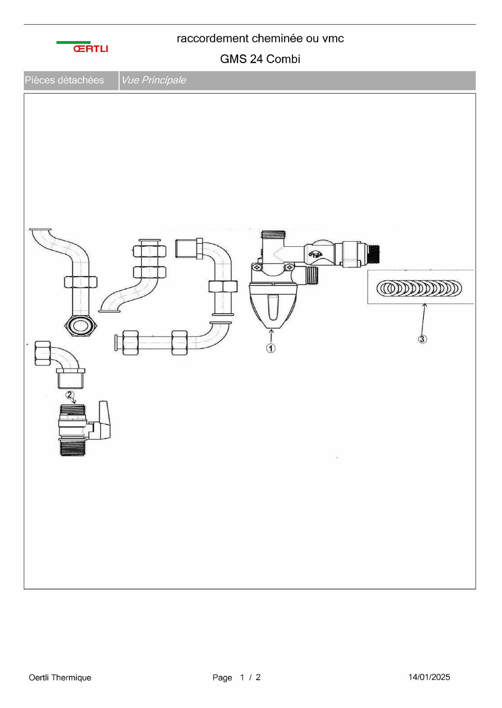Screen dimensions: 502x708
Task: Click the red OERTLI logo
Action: pos(91,49)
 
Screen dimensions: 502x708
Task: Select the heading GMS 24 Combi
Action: pos(260,59)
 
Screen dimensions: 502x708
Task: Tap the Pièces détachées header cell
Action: pos(64,80)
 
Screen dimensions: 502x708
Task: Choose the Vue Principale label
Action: pos(153,80)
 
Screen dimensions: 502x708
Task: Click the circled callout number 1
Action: pos(271,348)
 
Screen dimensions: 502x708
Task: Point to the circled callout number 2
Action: pos(70,395)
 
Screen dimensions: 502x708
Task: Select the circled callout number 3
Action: pos(422,339)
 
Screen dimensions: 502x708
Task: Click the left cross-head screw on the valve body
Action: pos(256,267)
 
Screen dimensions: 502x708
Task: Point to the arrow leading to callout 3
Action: pos(423,319)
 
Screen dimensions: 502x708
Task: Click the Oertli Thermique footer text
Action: pos(60,677)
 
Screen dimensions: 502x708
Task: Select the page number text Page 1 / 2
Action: pos(236,677)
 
